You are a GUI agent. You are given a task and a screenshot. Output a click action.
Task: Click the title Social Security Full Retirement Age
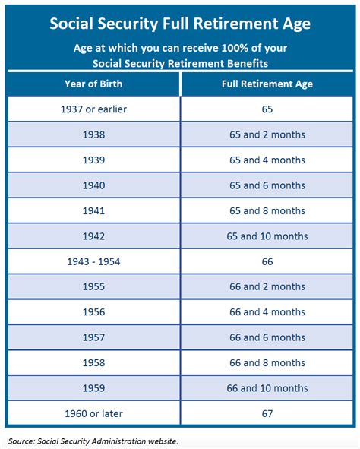tap(179, 23)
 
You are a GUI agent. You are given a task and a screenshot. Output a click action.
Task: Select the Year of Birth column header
tap(93, 84)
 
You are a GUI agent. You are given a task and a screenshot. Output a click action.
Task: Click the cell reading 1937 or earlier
tap(93, 109)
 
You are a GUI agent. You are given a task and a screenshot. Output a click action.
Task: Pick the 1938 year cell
tap(93, 134)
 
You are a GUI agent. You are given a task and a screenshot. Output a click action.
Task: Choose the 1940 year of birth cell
tap(93, 185)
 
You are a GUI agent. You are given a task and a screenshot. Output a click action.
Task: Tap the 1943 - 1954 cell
tap(93, 261)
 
